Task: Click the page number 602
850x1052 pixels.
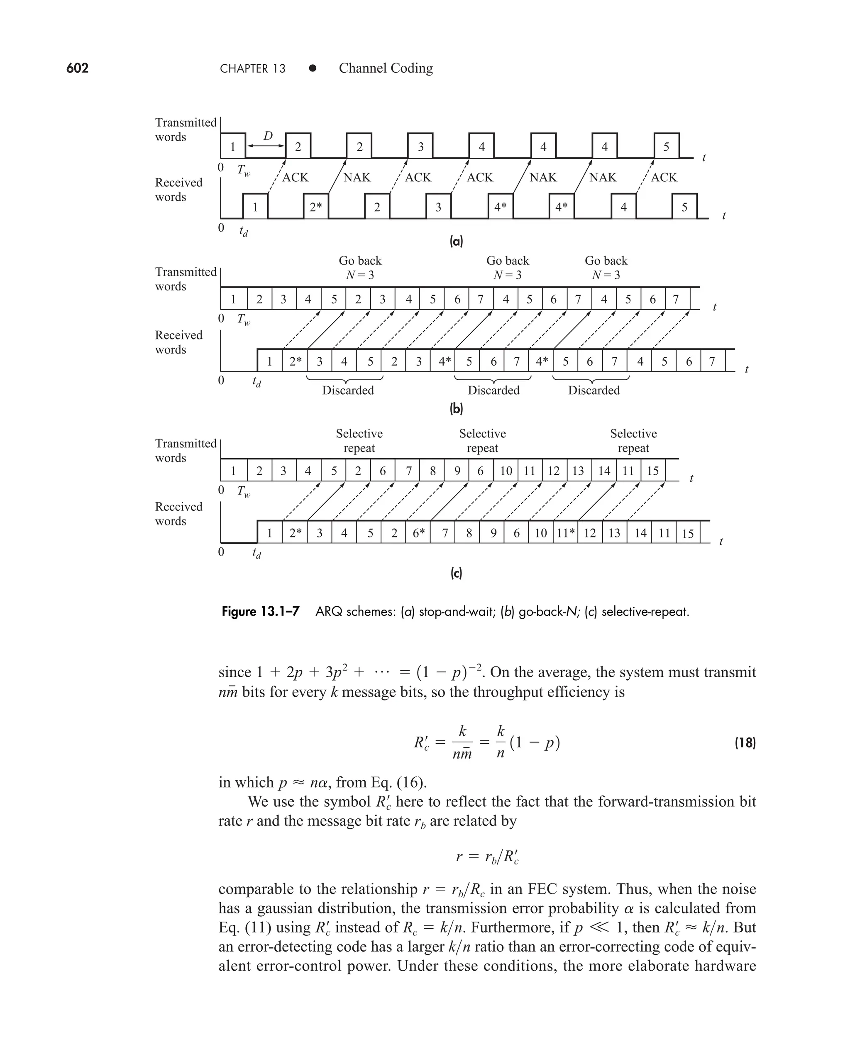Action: pyautogui.click(x=77, y=68)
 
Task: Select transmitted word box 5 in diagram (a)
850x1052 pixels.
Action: pyautogui.click(x=667, y=146)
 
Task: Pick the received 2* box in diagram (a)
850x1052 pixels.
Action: pyautogui.click(x=316, y=207)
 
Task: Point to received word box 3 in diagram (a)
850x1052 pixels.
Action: pyautogui.click(x=438, y=207)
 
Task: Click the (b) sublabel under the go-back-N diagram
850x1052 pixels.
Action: pyautogui.click(x=456, y=409)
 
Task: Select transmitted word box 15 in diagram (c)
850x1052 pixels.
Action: pyautogui.click(x=653, y=471)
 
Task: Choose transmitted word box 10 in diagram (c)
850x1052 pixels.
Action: pyautogui.click(x=506, y=471)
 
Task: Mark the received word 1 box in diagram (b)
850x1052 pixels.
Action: pyautogui.click(x=270, y=361)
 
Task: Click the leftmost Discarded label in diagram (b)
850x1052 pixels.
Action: pyautogui.click(x=348, y=390)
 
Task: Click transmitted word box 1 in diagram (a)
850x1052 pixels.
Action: pyautogui.click(x=233, y=146)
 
